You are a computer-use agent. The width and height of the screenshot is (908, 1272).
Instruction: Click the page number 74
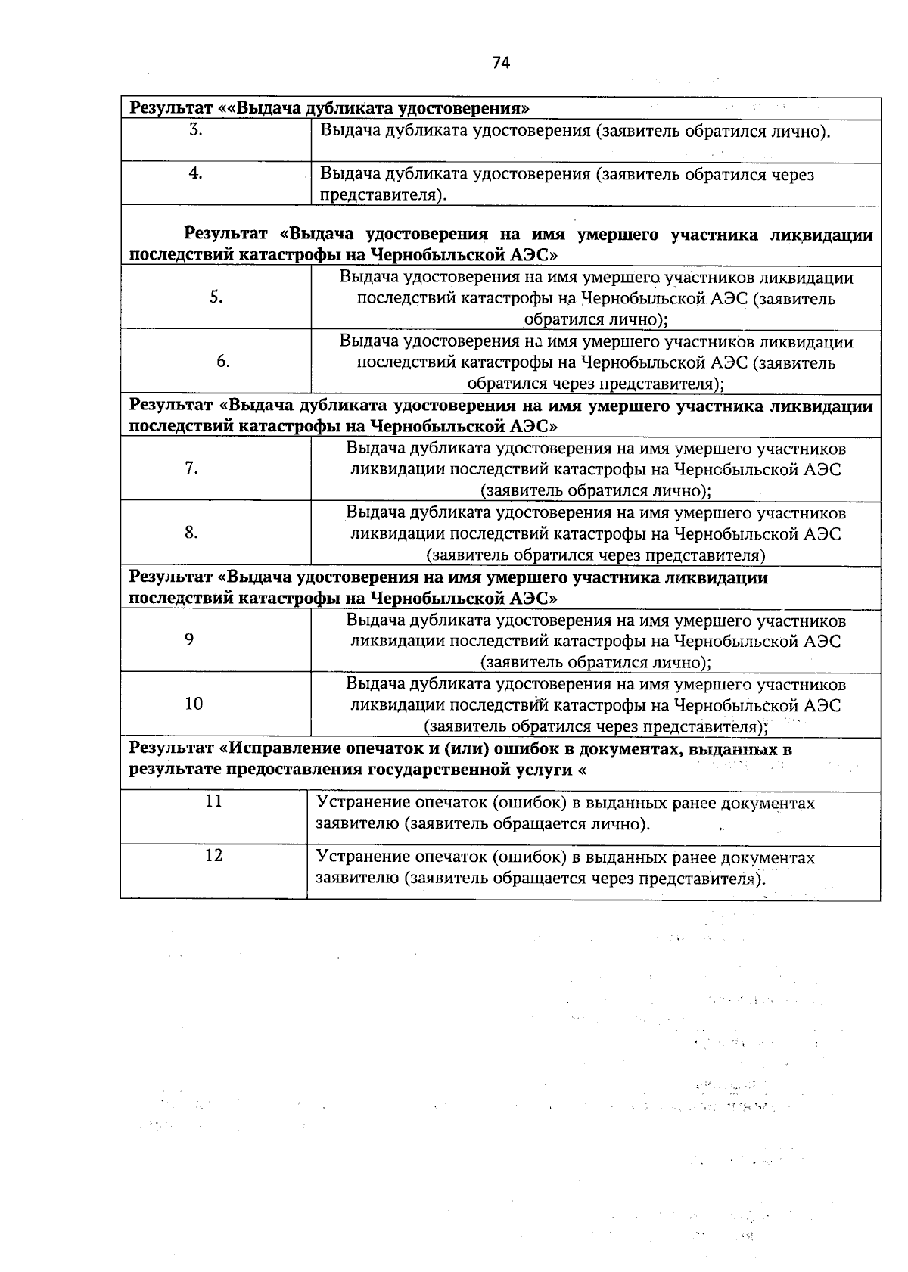point(501,63)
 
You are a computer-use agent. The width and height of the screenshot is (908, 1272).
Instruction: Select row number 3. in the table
point(195,129)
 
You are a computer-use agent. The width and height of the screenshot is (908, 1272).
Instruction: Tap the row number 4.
point(195,173)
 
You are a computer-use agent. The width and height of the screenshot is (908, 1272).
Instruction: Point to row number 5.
point(216,297)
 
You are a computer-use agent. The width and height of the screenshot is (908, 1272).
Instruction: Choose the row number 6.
point(223,362)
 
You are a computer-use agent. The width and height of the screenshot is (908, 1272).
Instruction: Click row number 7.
point(191,468)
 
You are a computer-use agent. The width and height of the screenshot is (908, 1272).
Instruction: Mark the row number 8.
point(191,533)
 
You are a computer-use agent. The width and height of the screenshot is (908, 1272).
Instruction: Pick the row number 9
point(189,639)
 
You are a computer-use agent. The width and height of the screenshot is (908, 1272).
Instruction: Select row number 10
point(194,704)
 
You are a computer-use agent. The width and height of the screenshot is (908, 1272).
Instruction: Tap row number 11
point(214,801)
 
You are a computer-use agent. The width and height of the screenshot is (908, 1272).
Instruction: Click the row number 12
point(214,855)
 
